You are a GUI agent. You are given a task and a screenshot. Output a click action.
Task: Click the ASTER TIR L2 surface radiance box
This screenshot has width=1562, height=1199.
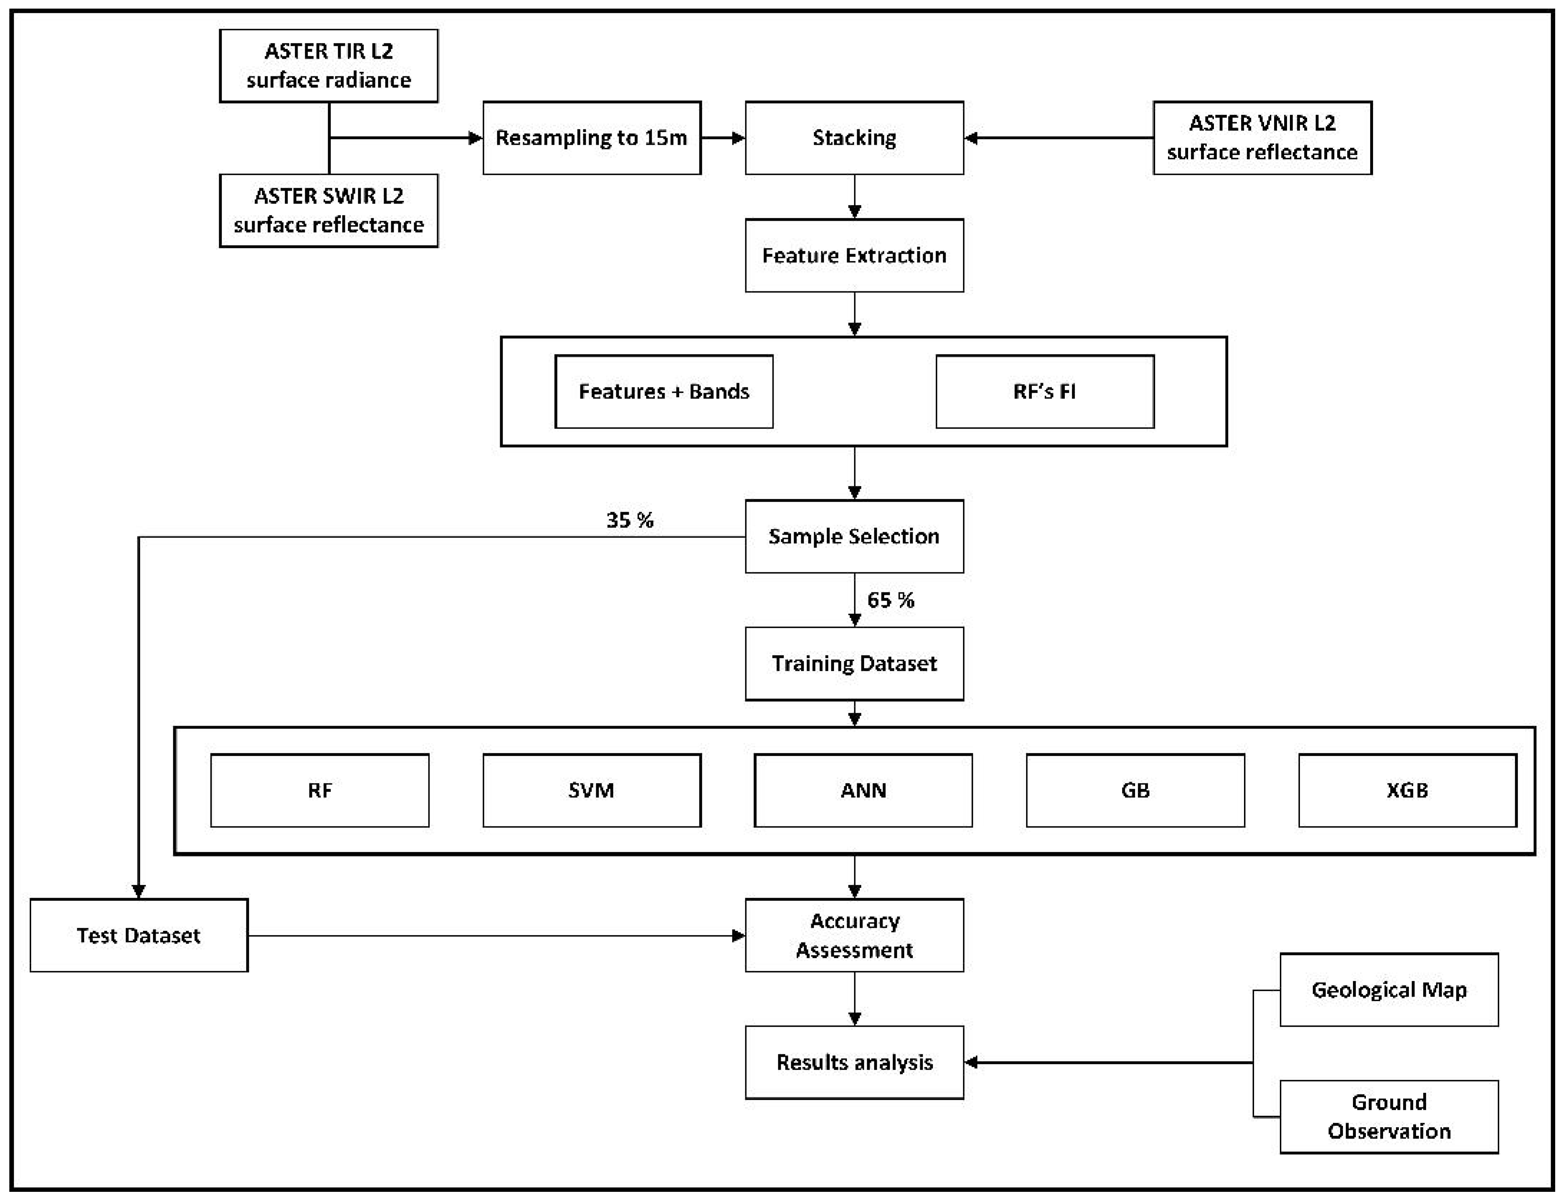coord(328,66)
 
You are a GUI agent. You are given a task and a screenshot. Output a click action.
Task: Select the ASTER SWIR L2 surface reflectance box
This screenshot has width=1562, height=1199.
coord(328,211)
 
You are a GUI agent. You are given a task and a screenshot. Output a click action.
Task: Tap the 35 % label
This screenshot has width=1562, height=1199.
coord(630,520)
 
